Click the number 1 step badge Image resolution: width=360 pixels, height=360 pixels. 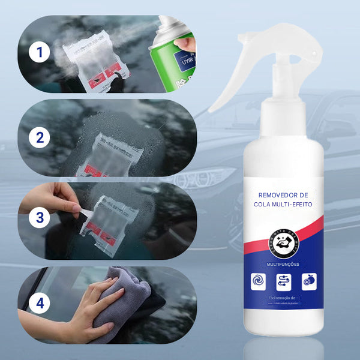point(40,53)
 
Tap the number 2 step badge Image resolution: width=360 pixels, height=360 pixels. point(40,137)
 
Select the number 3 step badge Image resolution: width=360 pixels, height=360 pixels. point(40,217)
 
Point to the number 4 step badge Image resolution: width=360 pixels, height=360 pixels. point(40,304)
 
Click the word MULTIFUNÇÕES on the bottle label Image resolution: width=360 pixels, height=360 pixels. point(284,264)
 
